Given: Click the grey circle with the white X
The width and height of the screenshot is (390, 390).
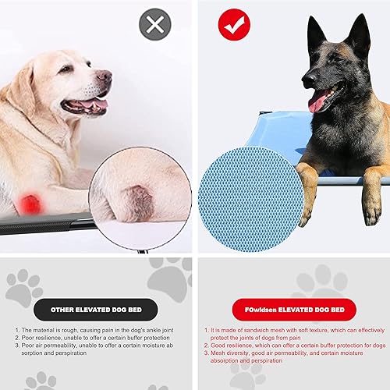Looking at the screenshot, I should tap(154, 26).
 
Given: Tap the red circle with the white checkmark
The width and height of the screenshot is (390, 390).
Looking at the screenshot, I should tap(233, 26).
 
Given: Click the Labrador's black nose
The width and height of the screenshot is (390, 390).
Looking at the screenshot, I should tap(105, 76).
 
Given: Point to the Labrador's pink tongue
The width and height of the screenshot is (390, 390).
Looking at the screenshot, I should tap(95, 105).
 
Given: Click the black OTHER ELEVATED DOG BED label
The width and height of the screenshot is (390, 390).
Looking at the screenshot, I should tap(96, 309).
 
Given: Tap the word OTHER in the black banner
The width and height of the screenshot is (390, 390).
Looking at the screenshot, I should tap(64, 310).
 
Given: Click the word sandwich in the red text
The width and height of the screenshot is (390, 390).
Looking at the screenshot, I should tap(257, 331).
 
